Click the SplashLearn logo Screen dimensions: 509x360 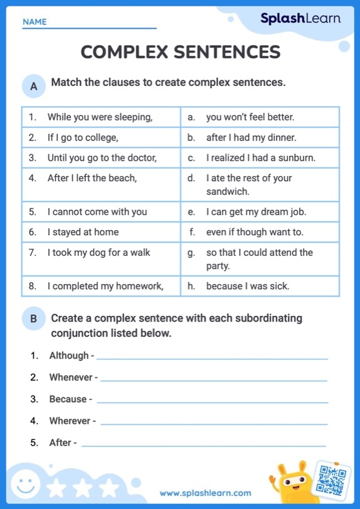point(300,18)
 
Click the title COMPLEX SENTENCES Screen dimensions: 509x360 point(180,52)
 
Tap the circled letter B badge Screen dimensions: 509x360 point(33,319)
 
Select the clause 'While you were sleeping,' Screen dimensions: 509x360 point(100,117)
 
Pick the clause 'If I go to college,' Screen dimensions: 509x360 point(83,137)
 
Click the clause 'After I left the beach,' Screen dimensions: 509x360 point(92,178)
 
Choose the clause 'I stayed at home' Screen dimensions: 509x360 point(83,232)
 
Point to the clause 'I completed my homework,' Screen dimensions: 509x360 point(105,286)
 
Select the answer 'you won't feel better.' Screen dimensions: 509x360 point(250,117)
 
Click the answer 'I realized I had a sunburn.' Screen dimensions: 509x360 point(260,158)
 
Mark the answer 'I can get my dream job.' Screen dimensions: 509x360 point(256,212)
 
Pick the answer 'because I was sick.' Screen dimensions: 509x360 point(247,286)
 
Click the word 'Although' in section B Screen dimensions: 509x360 point(69,355)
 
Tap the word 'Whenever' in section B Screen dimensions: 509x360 point(71,377)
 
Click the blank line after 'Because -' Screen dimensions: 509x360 point(213,402)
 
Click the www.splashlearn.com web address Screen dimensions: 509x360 point(205,493)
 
